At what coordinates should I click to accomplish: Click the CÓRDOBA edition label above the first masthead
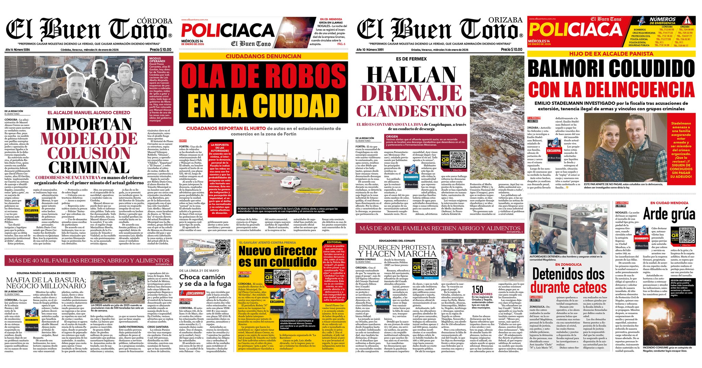154,21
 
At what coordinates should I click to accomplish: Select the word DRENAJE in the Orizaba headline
411,93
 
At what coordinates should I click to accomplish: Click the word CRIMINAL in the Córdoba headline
89,168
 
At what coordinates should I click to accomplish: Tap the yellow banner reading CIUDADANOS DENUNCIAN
263,56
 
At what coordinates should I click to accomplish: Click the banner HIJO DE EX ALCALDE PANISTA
611,54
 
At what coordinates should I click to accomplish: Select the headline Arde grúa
669,215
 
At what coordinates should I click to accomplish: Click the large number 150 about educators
477,289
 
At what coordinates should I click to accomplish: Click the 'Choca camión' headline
202,277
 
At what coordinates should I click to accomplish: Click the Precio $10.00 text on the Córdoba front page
160,49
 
